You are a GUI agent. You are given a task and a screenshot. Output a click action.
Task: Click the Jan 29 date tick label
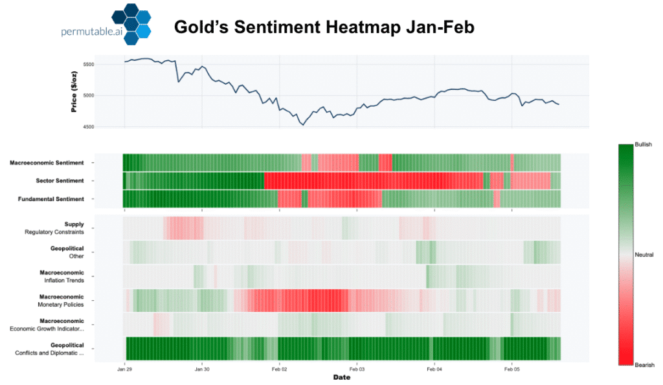(126, 369)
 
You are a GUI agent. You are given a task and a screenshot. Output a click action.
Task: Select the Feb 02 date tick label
(279, 369)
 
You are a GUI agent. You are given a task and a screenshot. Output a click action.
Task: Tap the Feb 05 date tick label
(511, 369)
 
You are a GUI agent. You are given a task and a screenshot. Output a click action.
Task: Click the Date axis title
(342, 378)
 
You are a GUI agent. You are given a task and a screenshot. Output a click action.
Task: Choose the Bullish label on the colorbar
(643, 144)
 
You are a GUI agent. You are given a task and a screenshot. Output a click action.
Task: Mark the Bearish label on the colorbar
(643, 365)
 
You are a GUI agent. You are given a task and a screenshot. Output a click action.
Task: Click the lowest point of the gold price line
(302, 124)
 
